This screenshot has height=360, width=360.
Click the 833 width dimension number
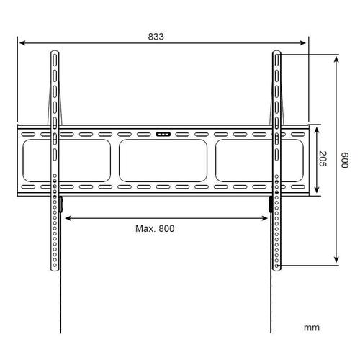click(156, 37)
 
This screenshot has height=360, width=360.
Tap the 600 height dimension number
click(345, 160)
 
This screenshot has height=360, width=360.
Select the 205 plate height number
click(323, 158)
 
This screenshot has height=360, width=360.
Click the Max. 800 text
click(155, 228)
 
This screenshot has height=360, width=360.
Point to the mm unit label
click(312, 328)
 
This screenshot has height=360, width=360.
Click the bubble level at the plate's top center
click(163, 134)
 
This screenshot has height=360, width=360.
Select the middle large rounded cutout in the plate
click(163, 161)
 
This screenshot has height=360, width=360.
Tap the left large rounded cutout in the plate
click(66, 161)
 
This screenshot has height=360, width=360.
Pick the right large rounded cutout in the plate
click(259, 161)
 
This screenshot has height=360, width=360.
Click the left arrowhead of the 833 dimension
click(22, 43)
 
